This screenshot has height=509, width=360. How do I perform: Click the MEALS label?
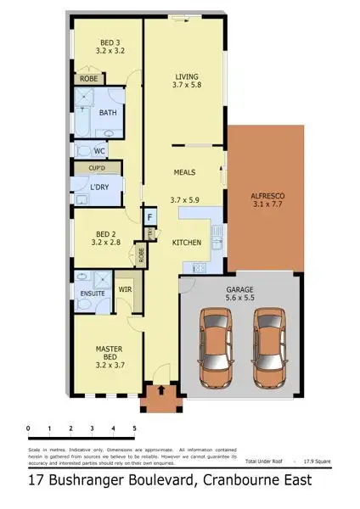tap(184, 171)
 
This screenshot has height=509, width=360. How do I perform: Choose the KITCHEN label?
tap(187, 243)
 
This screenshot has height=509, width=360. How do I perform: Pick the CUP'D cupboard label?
tap(98, 169)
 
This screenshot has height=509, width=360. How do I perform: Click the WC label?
tap(99, 152)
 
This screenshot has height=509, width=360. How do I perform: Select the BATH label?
tap(108, 113)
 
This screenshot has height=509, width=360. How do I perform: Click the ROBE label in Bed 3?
tap(88, 79)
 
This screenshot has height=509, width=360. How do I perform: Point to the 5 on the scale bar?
tap(134, 428)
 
